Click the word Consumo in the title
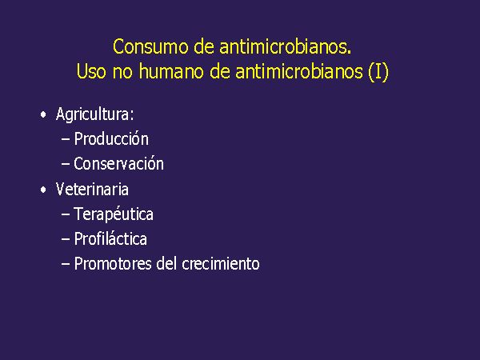tap(150, 47)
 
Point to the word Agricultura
tap(95, 114)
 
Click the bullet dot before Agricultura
tap(43, 114)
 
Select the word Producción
tap(111, 138)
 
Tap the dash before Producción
tap(66, 139)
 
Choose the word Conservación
tap(118, 164)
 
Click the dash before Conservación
tap(66, 164)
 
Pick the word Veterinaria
tap(92, 189)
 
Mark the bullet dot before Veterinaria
tap(43, 190)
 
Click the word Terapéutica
tap(114, 214)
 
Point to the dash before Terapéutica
tap(66, 214)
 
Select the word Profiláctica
tap(110, 238)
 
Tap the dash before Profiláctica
tap(66, 239)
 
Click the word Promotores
tap(113, 264)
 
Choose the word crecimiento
tap(221, 264)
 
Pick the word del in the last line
tap(166, 263)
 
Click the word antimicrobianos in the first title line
tap(286, 47)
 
